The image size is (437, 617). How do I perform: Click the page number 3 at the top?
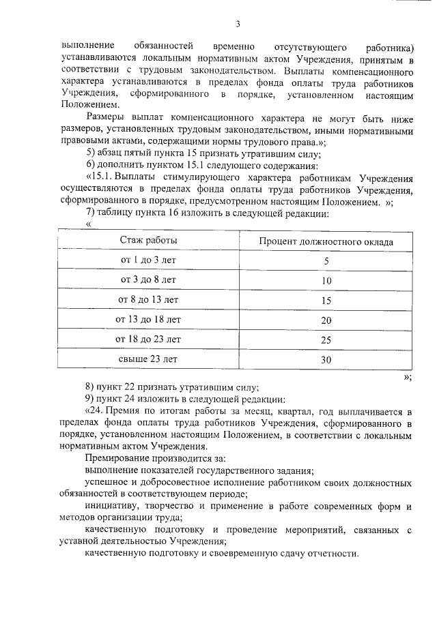238,25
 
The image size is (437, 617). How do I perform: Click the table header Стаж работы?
149,241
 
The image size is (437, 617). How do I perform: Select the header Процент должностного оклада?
326,241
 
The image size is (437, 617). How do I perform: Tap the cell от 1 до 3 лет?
149,260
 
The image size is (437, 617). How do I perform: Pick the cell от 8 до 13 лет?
149,299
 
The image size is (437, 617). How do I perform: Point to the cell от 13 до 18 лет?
149,319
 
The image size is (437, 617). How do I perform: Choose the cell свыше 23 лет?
149,359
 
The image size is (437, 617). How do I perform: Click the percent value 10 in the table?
326,280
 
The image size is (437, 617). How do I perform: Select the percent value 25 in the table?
326,340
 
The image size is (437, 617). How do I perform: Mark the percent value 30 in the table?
326,359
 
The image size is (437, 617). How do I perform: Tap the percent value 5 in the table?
326,261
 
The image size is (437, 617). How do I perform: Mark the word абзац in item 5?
110,153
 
